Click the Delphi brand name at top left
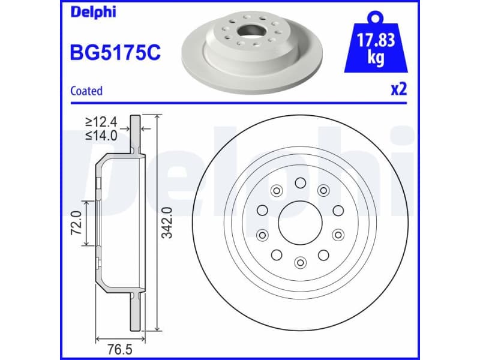tap(93, 12)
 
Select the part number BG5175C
tap(115, 52)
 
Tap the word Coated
tap(86, 91)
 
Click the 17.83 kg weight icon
tap(376, 42)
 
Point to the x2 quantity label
tap(399, 89)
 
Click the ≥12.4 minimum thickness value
tap(101, 122)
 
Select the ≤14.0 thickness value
tap(101, 135)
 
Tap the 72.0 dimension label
tap(76, 223)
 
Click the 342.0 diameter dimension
tap(167, 223)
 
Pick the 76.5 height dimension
tap(119, 349)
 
